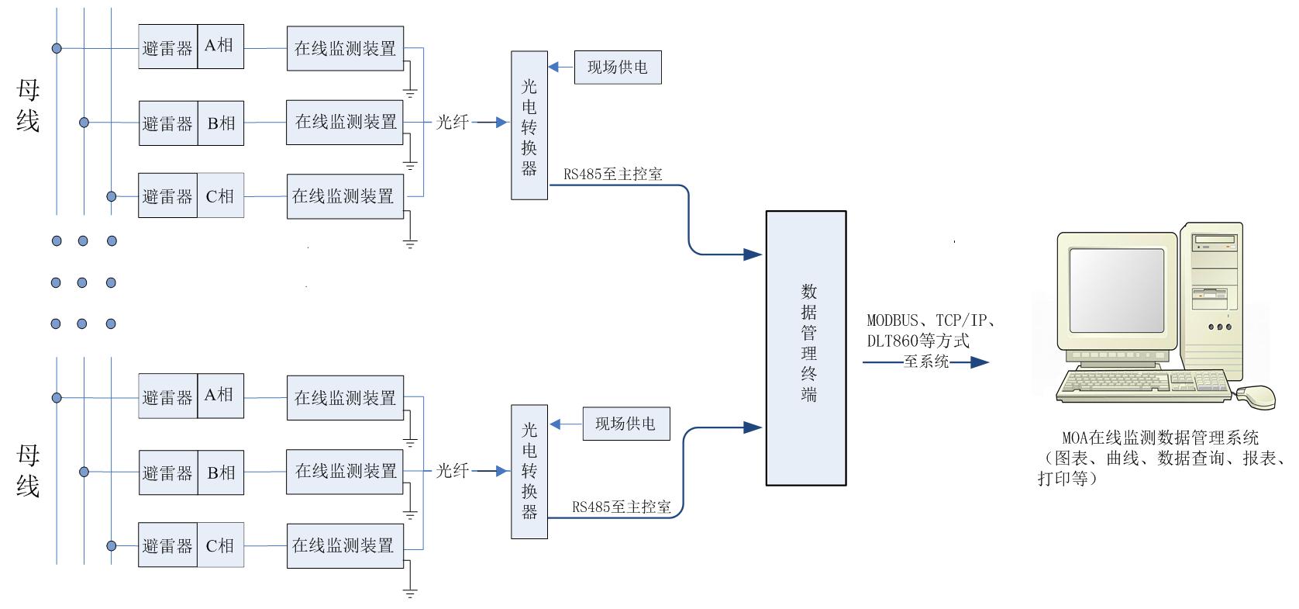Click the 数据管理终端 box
[805, 348]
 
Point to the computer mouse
[1256, 396]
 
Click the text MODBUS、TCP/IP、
[931, 320]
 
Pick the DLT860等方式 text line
[918, 341]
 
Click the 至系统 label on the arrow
[926, 362]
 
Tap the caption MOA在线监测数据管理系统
[1160, 438]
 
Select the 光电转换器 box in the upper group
[529, 126]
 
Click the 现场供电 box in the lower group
[625, 424]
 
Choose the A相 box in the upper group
[220, 47]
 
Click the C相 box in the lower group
[220, 546]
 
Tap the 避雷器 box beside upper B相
[167, 123]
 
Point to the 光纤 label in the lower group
[453, 471]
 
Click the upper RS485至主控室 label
[613, 175]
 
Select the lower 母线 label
[28, 470]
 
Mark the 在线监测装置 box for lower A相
[345, 398]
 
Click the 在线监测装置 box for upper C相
[345, 196]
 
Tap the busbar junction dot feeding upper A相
[57, 48]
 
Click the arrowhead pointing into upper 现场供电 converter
[553, 67]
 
